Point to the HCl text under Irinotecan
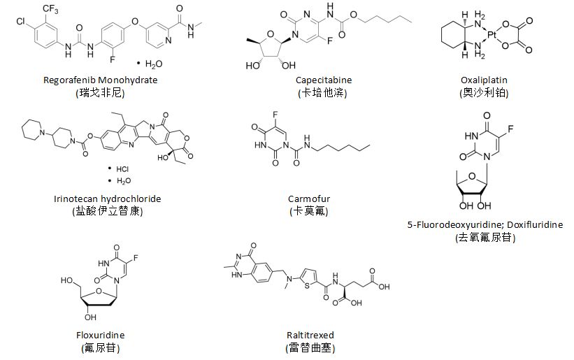coord(122,168)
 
